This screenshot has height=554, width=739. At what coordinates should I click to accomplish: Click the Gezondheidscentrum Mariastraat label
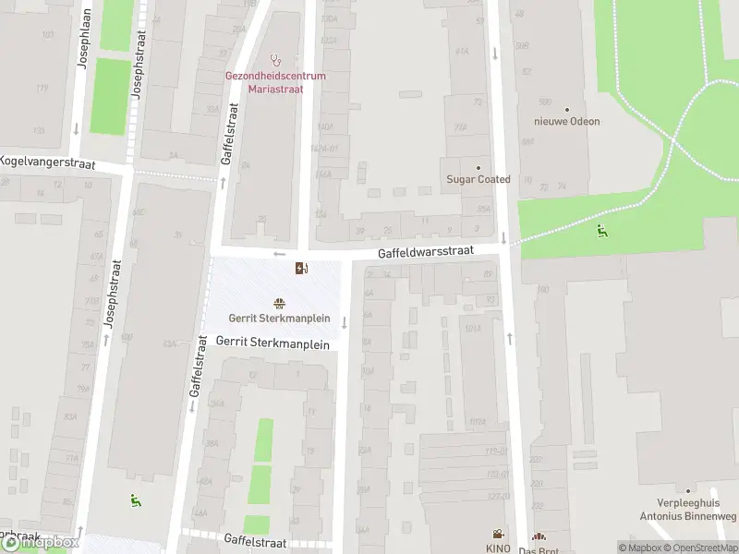(x=275, y=82)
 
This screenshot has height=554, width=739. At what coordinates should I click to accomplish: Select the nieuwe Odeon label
(x=566, y=121)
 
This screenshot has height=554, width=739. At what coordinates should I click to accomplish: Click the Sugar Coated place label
(x=478, y=179)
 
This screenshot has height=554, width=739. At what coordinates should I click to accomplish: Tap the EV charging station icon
(x=301, y=269)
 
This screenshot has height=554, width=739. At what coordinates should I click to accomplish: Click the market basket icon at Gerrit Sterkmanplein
(x=279, y=303)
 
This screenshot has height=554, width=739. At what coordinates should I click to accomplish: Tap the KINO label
(x=497, y=548)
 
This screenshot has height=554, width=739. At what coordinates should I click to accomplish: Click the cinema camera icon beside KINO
(x=498, y=534)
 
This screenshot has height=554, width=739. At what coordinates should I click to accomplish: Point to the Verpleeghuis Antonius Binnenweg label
(x=686, y=511)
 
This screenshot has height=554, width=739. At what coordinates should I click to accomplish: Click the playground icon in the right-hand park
(x=601, y=231)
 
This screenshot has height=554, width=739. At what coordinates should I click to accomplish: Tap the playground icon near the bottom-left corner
(x=135, y=500)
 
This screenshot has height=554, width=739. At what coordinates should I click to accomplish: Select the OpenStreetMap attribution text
(x=700, y=548)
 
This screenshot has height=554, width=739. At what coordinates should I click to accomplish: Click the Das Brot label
(x=539, y=550)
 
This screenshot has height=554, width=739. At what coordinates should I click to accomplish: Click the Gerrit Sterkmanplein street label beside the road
(x=273, y=341)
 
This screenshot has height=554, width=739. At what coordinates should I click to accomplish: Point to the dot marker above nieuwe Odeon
(x=566, y=109)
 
